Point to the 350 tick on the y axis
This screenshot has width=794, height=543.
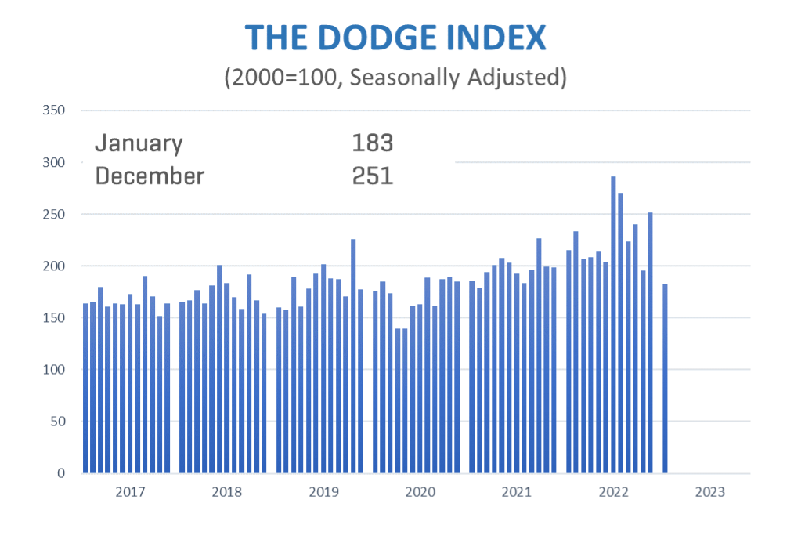(53, 110)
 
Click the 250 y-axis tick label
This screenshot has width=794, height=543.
(53, 214)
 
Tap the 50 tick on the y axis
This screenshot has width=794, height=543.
(56, 422)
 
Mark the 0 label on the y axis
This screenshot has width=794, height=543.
(60, 473)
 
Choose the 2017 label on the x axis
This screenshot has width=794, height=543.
(130, 492)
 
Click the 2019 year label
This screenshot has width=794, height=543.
(323, 492)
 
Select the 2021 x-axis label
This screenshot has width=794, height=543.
(517, 492)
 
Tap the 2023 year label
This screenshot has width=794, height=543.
(709, 492)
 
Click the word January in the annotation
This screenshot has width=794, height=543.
(139, 143)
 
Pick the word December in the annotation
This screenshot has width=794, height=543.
(150, 176)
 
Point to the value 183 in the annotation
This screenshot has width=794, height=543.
(372, 143)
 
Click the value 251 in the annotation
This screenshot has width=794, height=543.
(372, 176)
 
